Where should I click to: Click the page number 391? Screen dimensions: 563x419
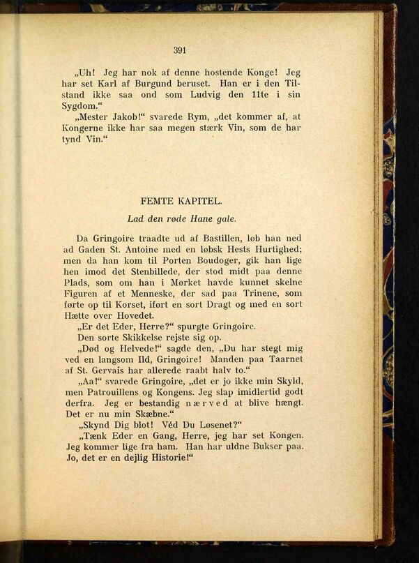pos(181,50)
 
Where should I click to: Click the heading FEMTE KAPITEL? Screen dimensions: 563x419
pos(181,202)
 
